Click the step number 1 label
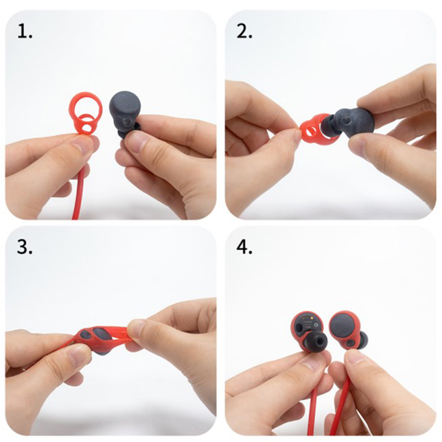(x=25, y=31)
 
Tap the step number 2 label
(x=244, y=31)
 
